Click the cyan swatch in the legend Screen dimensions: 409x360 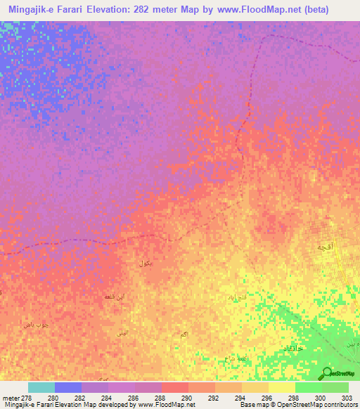click(x=41, y=387)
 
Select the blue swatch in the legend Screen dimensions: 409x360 click(x=68, y=387)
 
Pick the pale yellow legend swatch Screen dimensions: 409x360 click(x=282, y=387)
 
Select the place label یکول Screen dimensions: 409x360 click(x=146, y=264)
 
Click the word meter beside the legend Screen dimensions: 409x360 click(x=8, y=398)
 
